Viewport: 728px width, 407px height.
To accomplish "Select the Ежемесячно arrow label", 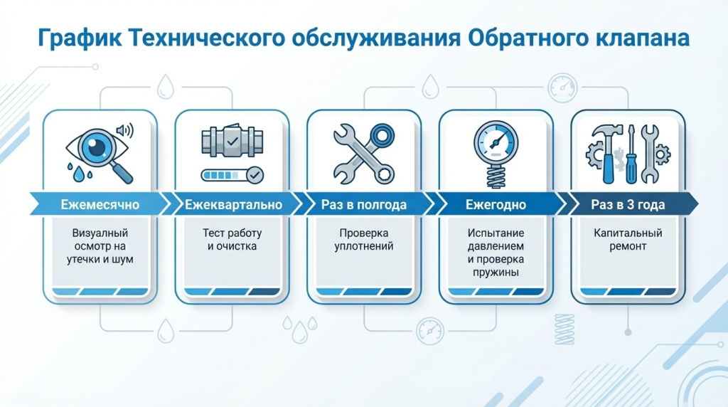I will pos(100,205).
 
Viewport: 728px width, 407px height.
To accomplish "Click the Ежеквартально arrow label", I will pos(233,205).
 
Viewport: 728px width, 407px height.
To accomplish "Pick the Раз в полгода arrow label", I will pos(364,205).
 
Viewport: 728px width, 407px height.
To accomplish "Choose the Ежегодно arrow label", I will pos(496,205).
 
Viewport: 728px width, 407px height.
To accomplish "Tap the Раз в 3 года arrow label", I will pos(628,205).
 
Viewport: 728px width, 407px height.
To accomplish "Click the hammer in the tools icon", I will pos(606,149).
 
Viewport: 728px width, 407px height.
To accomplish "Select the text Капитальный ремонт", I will pos(628,240).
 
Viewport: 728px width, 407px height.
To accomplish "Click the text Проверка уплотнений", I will pos(364,240).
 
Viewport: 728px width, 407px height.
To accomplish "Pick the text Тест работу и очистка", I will pos(232,240).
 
